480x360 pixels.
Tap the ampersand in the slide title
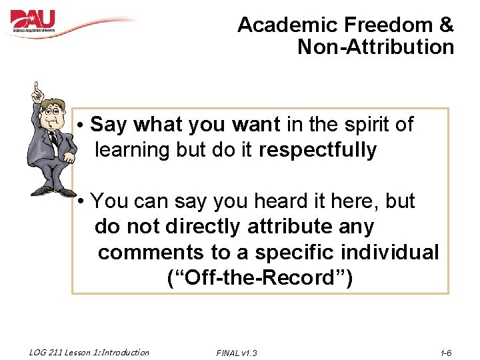point(447,25)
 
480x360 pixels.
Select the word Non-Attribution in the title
point(375,47)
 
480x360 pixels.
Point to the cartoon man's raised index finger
point(39,89)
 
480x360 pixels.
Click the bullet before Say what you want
point(79,125)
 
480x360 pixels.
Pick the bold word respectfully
point(317,150)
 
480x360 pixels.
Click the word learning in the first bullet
point(133,151)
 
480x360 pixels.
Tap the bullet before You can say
point(79,201)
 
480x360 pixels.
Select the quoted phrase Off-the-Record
point(260,278)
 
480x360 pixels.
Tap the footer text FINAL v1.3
point(237,353)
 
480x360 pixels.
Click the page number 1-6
point(446,353)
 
